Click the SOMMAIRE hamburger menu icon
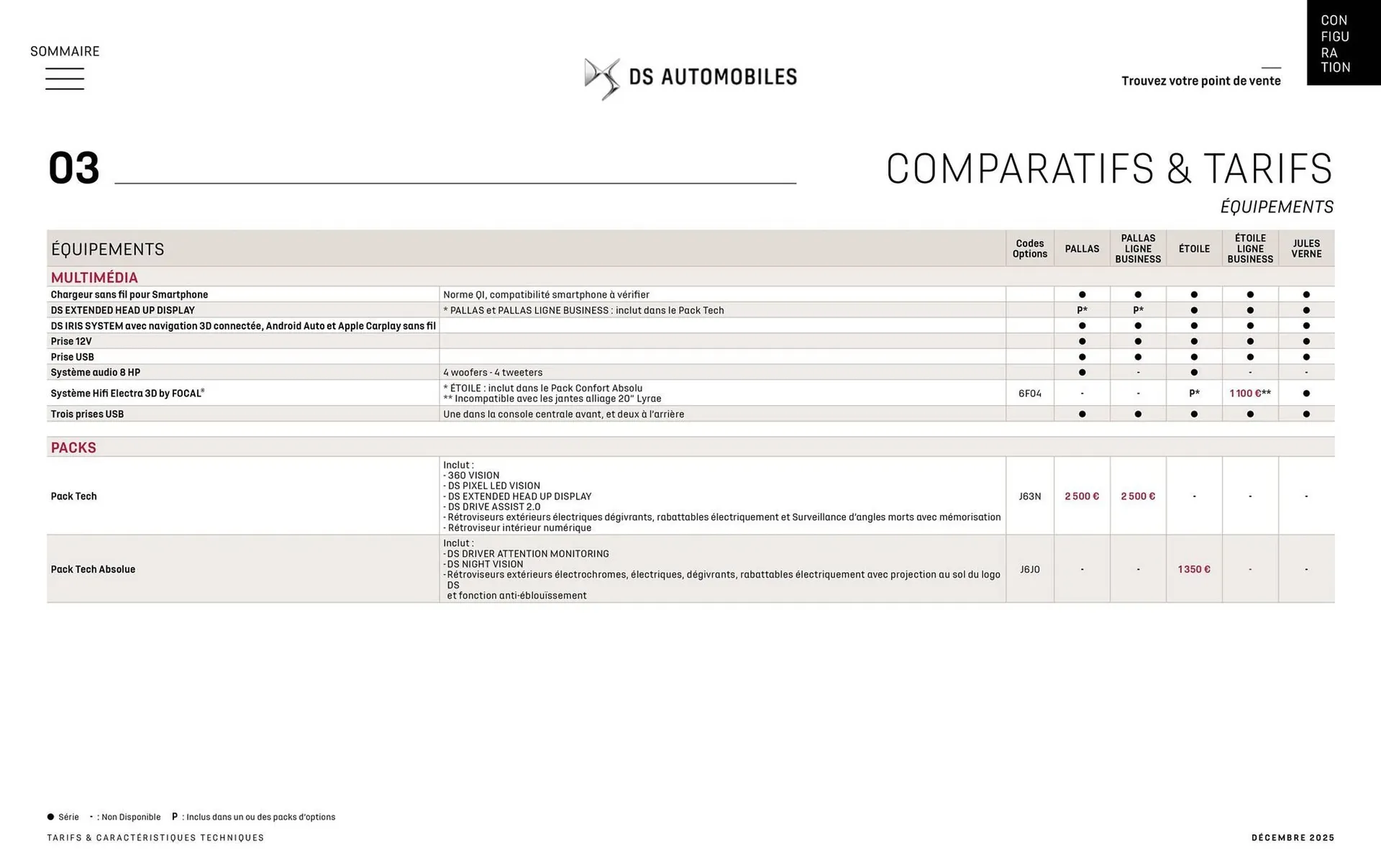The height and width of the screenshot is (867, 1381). point(65,78)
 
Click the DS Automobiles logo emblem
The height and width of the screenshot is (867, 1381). point(602,78)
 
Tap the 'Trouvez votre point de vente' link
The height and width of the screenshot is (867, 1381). point(1200,81)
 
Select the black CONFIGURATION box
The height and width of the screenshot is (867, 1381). point(1343,43)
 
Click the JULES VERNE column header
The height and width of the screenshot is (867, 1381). point(1305,249)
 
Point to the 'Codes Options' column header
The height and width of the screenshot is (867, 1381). point(1029,249)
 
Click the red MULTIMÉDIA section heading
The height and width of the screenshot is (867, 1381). point(94,278)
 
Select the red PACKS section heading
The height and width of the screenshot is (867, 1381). point(73,448)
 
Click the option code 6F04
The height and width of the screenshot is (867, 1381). point(1029,394)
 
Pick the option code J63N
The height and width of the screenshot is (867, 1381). point(1029,496)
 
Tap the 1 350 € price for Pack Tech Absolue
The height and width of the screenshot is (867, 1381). point(1194,569)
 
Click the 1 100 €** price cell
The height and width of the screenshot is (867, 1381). point(1250,394)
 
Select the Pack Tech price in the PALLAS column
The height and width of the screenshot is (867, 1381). point(1082,496)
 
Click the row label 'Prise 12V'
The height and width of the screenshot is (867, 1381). point(71,342)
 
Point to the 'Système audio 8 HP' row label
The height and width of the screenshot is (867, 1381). point(96,373)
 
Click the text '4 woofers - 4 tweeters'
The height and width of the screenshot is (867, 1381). point(493,373)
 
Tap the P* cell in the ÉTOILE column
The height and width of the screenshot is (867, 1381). point(1194,394)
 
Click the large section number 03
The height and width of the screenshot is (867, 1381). point(73,168)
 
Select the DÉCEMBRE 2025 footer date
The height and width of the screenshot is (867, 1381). point(1293,838)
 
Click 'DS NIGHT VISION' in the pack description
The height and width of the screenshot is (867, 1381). point(486,564)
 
